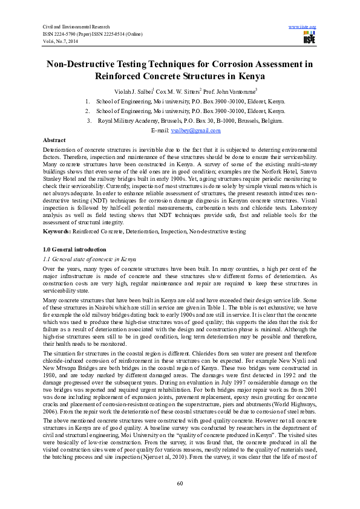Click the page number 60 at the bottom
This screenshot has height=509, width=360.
[x=180, y=483]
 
